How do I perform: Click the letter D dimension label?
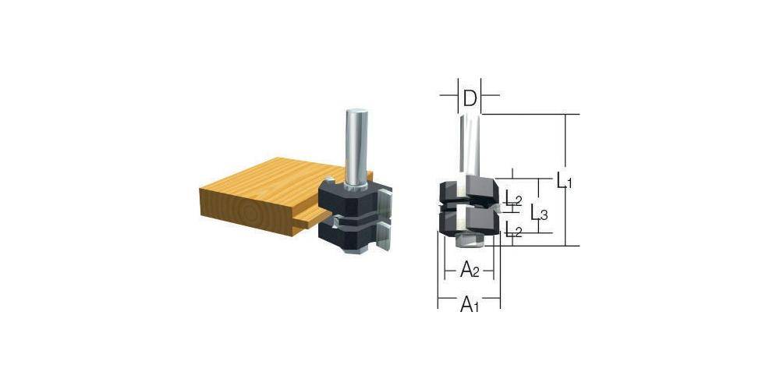[469, 98]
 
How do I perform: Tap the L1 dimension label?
[565, 182]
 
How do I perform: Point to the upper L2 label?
[512, 200]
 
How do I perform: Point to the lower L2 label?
[512, 230]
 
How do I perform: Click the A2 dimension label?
[469, 270]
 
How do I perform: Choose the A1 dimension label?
[469, 304]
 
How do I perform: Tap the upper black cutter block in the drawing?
[468, 190]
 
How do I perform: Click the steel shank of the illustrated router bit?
[356, 148]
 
